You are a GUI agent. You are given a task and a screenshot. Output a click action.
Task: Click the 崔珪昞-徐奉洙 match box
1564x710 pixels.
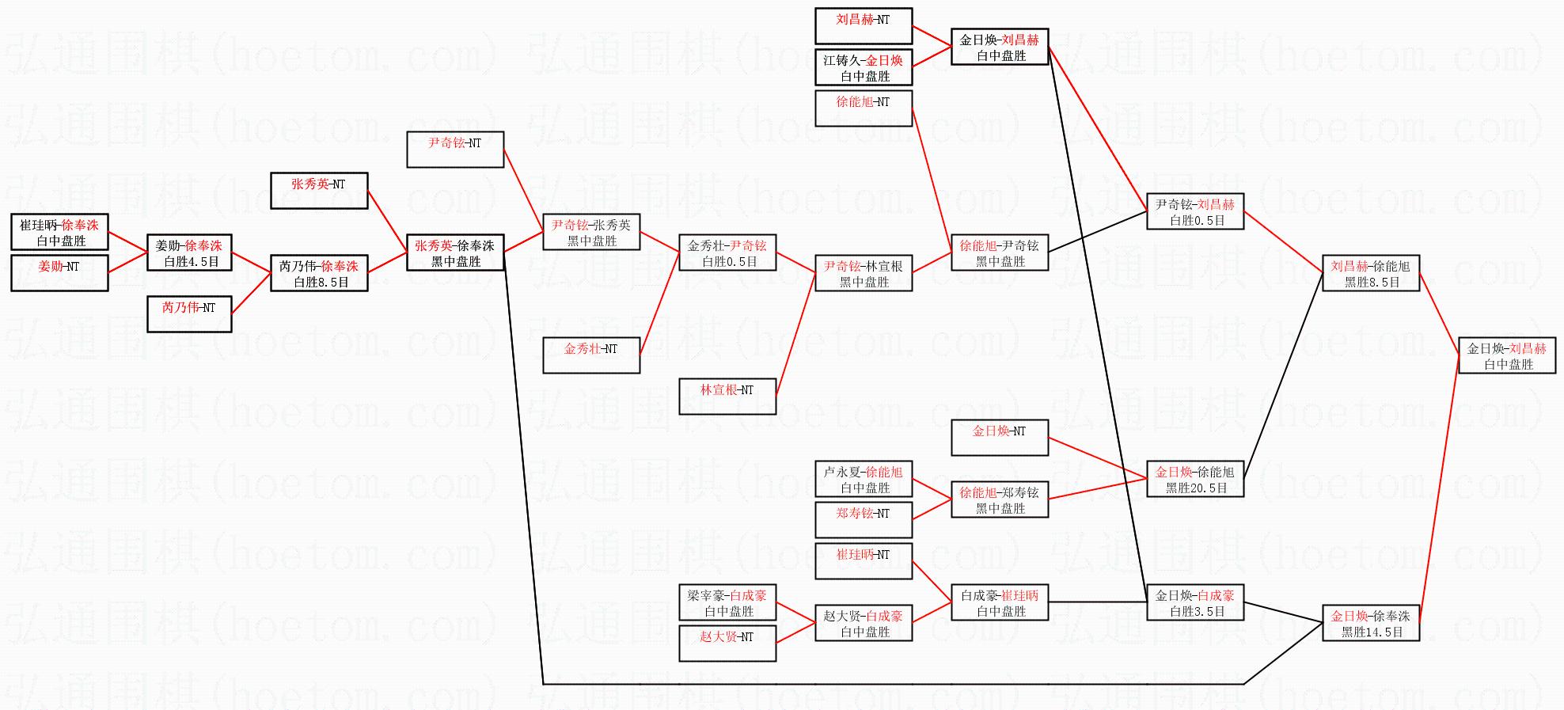point(59,232)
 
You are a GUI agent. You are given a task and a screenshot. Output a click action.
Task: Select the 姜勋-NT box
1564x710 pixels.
point(59,273)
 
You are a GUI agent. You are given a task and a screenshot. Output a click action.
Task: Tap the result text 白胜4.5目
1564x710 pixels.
point(191,262)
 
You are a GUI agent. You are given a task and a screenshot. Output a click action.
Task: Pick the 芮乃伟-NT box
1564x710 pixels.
point(189,314)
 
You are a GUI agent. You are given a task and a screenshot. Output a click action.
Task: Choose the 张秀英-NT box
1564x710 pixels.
point(319,191)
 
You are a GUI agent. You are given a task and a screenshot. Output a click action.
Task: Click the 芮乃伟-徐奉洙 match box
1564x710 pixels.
point(319,273)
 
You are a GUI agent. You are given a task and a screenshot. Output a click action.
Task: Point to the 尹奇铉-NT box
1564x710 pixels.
point(455,150)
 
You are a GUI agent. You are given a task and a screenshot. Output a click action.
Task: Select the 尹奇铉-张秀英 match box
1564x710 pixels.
point(591,232)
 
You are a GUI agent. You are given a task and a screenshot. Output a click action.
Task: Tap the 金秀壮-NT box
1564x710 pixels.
point(591,355)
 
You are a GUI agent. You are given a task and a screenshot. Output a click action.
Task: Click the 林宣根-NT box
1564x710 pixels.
point(727,397)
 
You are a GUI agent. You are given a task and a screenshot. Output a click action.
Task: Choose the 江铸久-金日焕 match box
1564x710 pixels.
point(864,67)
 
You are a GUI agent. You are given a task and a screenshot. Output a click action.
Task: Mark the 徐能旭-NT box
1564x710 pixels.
point(864,108)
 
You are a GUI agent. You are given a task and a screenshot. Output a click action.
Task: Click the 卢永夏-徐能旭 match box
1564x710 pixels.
point(864,479)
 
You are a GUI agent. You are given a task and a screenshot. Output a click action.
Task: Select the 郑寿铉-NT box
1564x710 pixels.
point(864,520)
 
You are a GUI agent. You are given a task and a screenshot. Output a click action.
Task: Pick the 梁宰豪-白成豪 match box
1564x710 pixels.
point(727,602)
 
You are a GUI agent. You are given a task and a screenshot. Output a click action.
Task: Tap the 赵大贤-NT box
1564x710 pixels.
point(727,644)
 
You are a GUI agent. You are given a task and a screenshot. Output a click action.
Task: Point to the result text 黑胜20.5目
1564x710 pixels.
point(1196,488)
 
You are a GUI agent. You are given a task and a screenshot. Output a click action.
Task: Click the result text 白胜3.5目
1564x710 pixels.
point(1196,612)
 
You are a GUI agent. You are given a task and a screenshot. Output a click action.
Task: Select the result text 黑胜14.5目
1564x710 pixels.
point(1372,632)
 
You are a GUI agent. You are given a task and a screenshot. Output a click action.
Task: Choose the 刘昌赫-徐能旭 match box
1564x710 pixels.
point(1371,273)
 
